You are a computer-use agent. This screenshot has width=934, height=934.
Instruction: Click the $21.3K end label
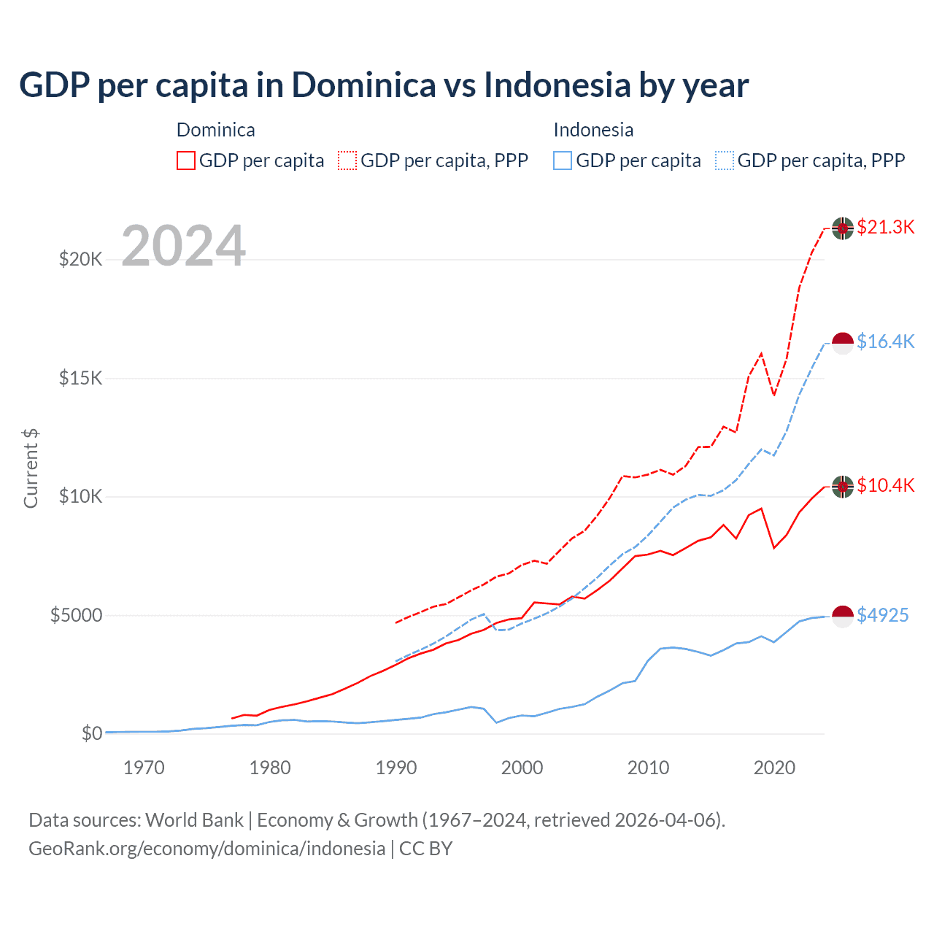point(885,227)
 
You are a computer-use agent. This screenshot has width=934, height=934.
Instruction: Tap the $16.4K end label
point(885,341)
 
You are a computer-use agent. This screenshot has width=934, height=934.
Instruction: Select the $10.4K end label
point(885,485)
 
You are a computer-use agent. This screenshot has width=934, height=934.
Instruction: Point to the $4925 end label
point(882,615)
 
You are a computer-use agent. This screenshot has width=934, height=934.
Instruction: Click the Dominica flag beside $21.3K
point(843,228)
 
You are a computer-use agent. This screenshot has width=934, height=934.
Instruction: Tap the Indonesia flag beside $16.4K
point(843,342)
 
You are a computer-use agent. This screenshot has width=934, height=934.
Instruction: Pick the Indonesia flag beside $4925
point(843,616)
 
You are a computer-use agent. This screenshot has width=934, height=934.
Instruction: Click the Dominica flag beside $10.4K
point(843,486)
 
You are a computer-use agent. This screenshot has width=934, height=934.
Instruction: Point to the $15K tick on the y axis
point(80,378)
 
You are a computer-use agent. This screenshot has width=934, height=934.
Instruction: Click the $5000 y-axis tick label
point(76,615)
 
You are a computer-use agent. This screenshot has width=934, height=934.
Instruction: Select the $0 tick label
point(91,733)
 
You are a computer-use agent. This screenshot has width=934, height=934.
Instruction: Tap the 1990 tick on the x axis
point(396,768)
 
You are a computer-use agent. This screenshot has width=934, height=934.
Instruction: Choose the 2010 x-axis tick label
point(648,768)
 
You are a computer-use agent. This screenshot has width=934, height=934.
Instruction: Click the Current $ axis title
point(31,468)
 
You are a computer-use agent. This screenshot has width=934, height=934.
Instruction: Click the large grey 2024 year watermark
point(183,246)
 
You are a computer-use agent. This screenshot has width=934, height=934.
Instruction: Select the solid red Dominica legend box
point(186,161)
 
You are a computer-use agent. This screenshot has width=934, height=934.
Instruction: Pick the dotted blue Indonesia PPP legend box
point(725,161)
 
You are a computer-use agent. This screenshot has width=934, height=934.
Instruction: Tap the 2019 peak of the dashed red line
point(761,354)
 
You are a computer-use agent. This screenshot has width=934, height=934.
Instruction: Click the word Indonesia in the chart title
point(557,85)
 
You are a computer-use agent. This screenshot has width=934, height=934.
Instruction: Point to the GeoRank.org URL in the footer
point(207,849)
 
